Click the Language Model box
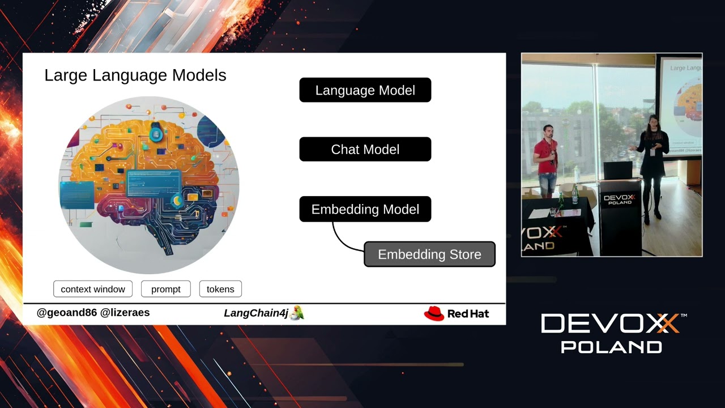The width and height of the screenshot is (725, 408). [x=365, y=90]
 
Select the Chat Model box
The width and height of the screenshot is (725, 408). [x=365, y=150]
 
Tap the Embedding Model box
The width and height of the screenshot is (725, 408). [x=365, y=209]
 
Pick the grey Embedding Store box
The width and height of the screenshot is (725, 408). [x=429, y=254]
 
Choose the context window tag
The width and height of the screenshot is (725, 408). [x=93, y=289]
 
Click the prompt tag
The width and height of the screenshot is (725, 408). [x=165, y=289]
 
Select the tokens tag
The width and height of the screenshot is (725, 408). [x=220, y=289]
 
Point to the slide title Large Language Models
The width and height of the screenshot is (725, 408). [x=135, y=75]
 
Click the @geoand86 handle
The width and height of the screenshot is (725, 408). [x=67, y=313]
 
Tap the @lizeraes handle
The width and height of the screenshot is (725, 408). [x=125, y=313]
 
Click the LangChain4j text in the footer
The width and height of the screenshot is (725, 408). [x=256, y=313]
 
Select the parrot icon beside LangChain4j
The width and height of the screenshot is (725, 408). [x=297, y=313]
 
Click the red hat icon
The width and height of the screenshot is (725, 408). [x=434, y=313]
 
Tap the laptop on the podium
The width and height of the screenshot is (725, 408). [x=617, y=170]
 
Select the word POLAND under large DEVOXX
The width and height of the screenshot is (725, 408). [x=611, y=347]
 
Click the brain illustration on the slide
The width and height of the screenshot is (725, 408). [x=149, y=184]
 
